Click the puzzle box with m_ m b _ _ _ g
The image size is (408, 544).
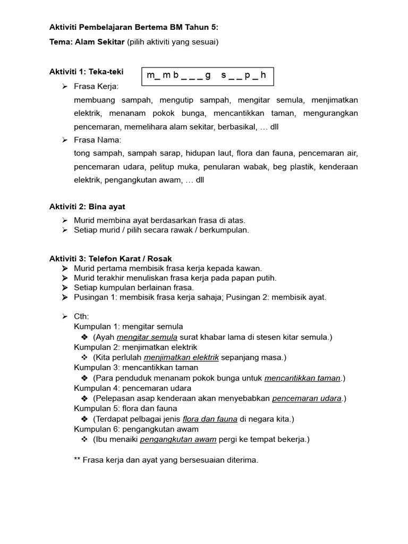207,76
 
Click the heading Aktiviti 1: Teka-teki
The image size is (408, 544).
87,72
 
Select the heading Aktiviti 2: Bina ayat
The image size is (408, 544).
87,206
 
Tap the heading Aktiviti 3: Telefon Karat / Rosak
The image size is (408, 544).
110,258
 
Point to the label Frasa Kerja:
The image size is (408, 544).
97,86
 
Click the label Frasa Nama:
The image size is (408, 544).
98,140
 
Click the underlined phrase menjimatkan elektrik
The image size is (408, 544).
181,358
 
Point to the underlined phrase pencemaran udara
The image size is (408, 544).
307,398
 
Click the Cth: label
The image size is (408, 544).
81,317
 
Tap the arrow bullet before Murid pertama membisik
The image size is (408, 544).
64,269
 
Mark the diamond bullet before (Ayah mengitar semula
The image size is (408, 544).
84,337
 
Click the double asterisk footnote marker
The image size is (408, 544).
78,460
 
